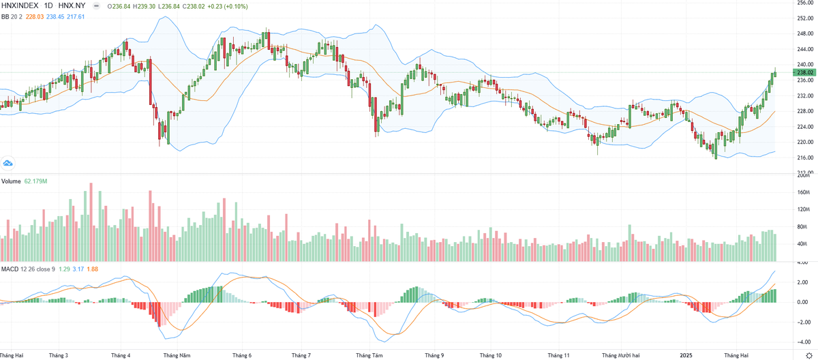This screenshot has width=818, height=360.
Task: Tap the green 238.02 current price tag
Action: pos(805,72)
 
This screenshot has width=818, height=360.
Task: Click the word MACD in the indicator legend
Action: pos(10,269)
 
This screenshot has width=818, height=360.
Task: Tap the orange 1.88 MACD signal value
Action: pos(92,269)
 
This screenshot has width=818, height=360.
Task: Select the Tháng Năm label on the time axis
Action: pos(177,355)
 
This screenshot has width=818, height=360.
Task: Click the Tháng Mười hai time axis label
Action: pos(621,355)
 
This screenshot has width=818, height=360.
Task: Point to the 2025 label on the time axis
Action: pos(686,355)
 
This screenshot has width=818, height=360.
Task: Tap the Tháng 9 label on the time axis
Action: pos(434,355)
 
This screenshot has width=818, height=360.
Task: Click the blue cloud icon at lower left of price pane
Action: pos(8,163)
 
